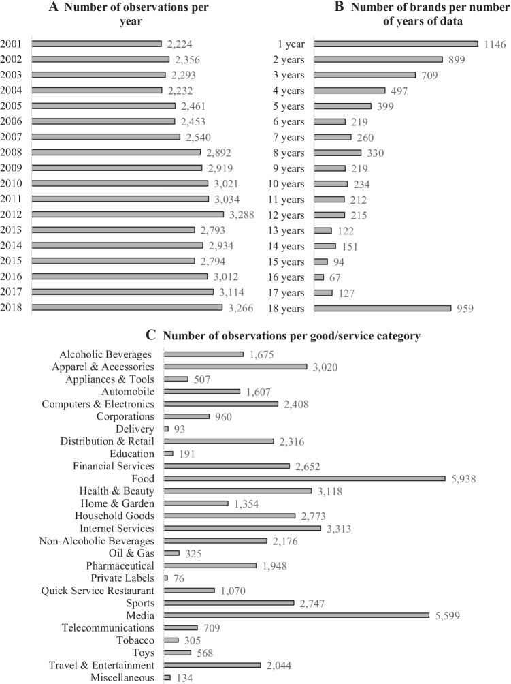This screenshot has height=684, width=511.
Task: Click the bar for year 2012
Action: [x=127, y=214]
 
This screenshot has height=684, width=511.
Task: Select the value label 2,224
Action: [x=179, y=44]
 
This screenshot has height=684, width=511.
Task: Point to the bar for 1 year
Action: [x=396, y=44]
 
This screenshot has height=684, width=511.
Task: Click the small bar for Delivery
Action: [x=166, y=429]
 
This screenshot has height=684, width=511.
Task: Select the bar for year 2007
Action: [x=105, y=136]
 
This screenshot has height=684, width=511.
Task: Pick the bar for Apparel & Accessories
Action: [x=235, y=367]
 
